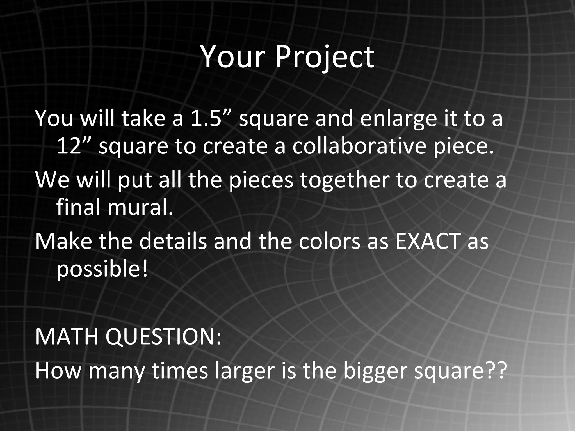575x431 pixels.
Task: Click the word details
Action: (173, 241)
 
